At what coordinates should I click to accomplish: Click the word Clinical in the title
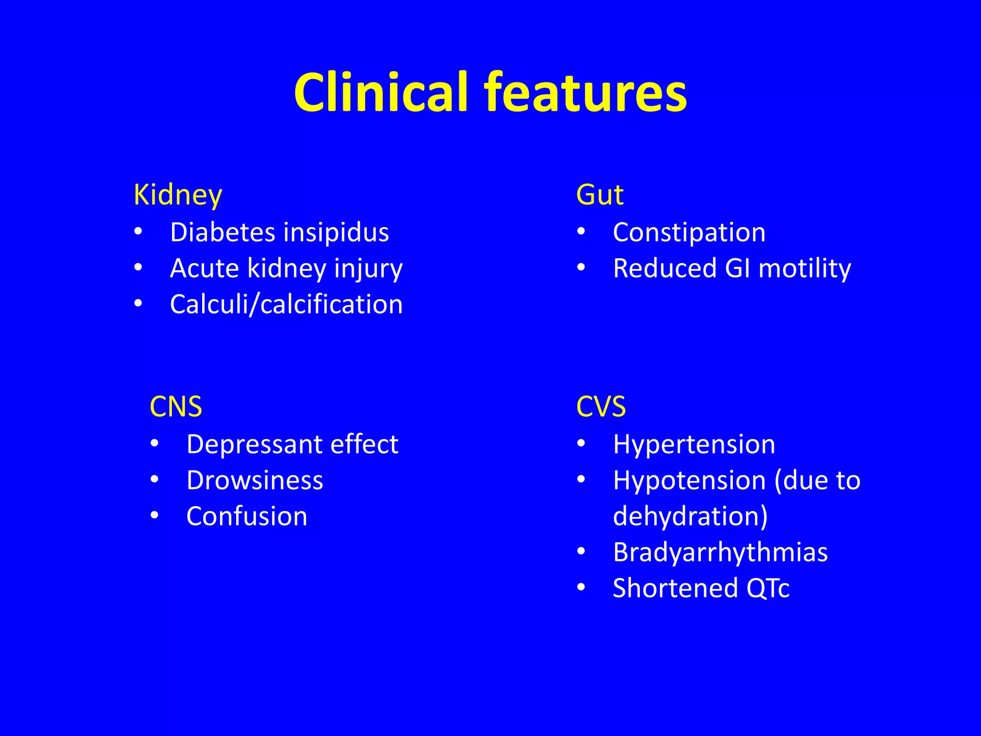(381, 92)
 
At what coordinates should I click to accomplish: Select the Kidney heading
(178, 195)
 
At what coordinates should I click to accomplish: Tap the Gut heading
(600, 195)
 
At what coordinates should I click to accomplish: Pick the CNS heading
(176, 407)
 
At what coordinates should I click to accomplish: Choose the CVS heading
(601, 407)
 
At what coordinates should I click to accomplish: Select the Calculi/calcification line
(286, 305)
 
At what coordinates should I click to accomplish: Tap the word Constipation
(689, 232)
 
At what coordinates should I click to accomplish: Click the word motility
(805, 269)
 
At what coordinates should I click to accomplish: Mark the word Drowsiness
(255, 480)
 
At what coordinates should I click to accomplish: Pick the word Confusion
(247, 517)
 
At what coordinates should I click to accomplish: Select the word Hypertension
(694, 445)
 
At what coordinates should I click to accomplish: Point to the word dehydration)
(690, 517)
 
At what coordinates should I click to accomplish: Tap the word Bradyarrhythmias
(720, 552)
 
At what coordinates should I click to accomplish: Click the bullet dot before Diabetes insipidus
(138, 232)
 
